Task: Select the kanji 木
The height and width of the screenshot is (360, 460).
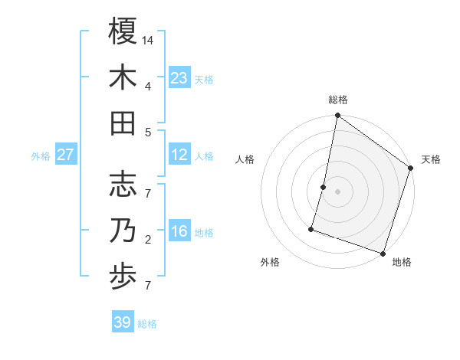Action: pos(123,77)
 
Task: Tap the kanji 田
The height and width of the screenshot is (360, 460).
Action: pos(123,123)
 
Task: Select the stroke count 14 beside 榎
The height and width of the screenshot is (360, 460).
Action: pos(149,39)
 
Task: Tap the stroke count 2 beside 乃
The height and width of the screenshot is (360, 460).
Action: pos(148,240)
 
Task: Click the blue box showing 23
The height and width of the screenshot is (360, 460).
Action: pos(179,77)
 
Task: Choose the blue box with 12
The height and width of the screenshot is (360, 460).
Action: pos(179,155)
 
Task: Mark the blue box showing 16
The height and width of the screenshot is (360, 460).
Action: pos(179,231)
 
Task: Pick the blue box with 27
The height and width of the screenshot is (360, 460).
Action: pos(65,155)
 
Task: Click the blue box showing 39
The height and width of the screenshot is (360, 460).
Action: pos(123,322)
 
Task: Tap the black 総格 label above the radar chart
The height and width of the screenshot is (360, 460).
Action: pos(338,100)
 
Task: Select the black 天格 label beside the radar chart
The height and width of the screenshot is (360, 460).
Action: pos(431,159)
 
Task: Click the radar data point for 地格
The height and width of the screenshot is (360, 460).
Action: pos(383,253)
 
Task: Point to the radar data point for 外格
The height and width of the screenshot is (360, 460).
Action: pos(311,228)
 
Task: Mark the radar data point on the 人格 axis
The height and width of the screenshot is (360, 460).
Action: pos(324,187)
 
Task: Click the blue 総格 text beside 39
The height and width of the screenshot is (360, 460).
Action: pos(148,324)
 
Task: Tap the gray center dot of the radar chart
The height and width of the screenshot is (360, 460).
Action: pos(337,191)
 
